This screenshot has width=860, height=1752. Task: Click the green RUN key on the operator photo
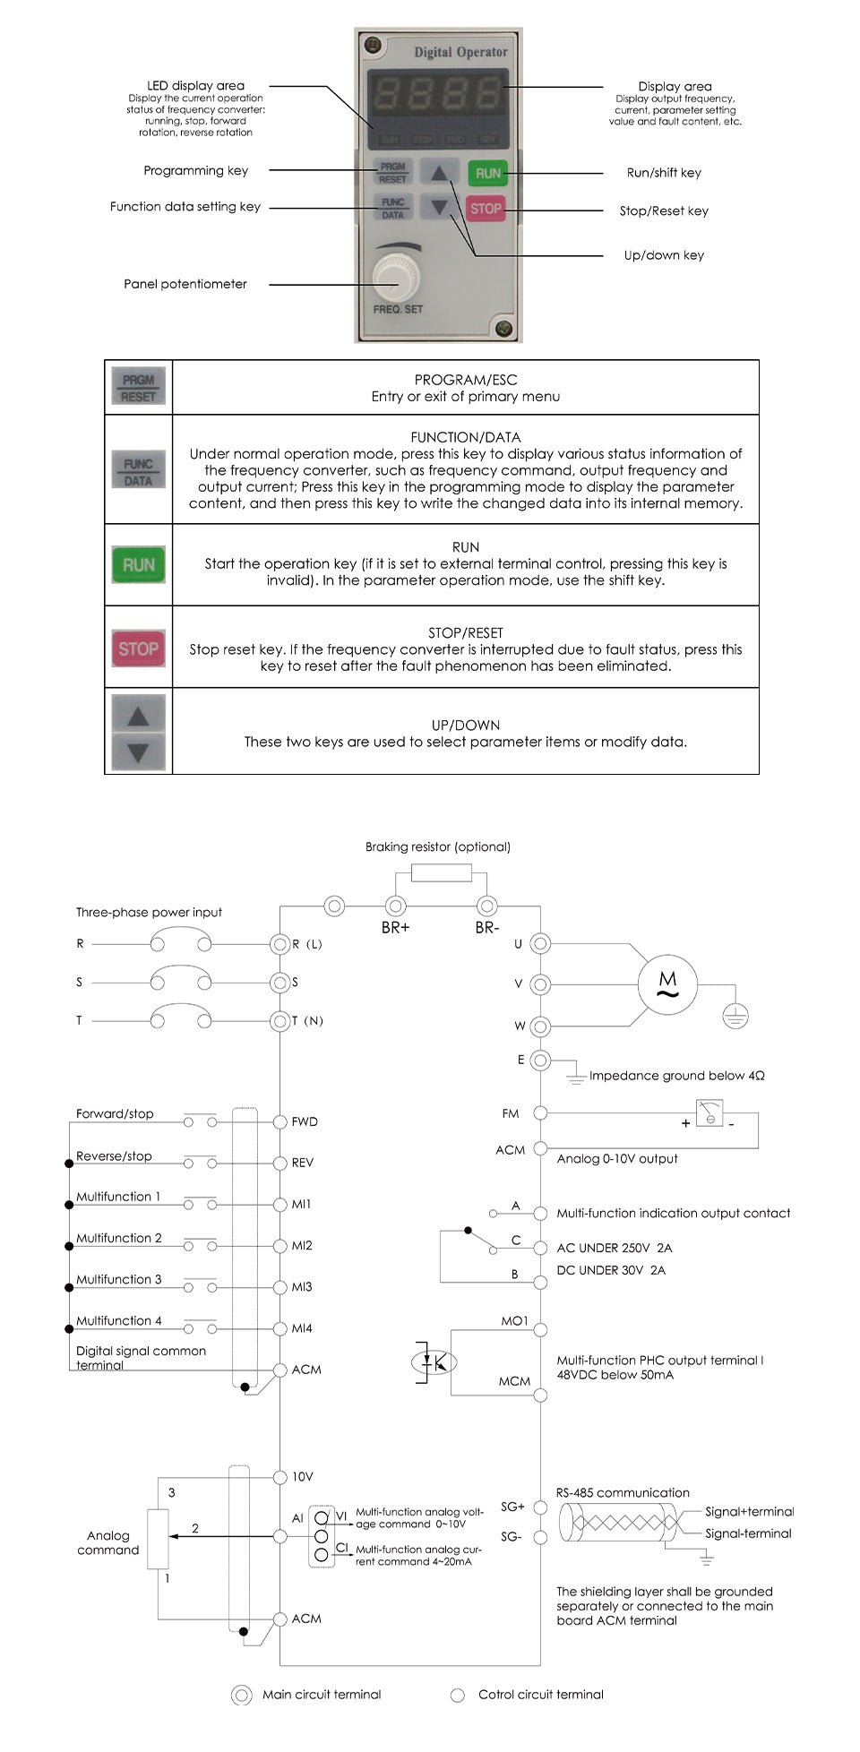[487, 173]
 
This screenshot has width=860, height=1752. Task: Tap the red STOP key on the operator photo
[486, 209]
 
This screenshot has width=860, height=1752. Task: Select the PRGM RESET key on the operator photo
[392, 173]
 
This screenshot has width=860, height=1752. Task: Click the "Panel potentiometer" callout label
[185, 284]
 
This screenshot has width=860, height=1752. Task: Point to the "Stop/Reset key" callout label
[664, 211]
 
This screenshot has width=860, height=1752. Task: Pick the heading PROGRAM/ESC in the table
[465, 380]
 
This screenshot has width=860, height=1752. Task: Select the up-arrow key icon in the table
[138, 715]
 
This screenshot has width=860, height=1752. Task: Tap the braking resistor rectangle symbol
[441, 873]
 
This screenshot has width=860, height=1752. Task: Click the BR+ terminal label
[395, 928]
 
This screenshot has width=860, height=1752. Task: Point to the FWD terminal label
[305, 1121]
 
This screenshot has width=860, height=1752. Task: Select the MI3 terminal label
[302, 1287]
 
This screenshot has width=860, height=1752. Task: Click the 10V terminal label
[303, 1477]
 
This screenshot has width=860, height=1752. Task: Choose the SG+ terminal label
[512, 1507]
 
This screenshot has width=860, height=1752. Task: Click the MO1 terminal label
[514, 1321]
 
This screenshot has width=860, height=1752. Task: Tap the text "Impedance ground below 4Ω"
[676, 1076]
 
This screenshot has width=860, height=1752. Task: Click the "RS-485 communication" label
[623, 1493]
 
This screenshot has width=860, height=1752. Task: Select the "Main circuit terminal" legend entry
[322, 1695]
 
